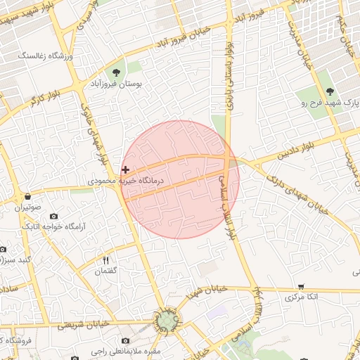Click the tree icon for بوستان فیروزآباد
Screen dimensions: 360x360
click(117, 72)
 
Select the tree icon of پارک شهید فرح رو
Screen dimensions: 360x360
click(328, 91)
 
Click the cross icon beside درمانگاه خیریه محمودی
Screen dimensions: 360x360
click(125, 169)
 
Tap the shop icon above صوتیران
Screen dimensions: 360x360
click(27, 196)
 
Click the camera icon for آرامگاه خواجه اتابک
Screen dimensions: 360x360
click(54, 216)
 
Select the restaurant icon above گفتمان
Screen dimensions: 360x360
click(105, 260)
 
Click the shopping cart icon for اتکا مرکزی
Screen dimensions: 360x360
click(301, 286)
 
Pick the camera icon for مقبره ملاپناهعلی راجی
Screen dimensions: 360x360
click(125, 340)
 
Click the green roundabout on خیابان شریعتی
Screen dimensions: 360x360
click(167, 322)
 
